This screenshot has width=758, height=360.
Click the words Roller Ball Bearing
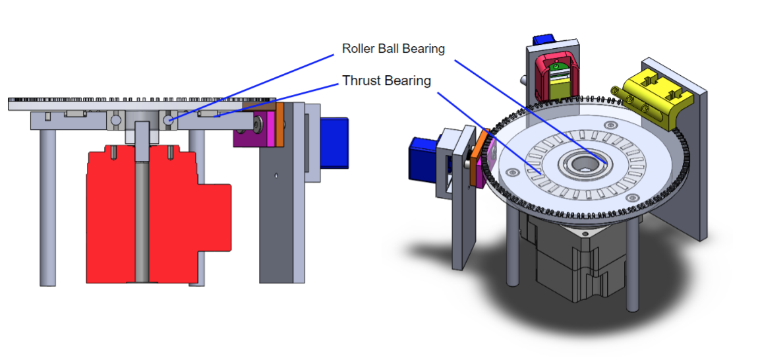point(394,49)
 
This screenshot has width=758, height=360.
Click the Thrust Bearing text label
point(386,81)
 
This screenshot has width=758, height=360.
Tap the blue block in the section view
point(334,142)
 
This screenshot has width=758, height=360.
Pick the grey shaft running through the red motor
point(142,218)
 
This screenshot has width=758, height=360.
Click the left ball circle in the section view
point(116,121)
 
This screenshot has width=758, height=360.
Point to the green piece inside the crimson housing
point(558,69)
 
